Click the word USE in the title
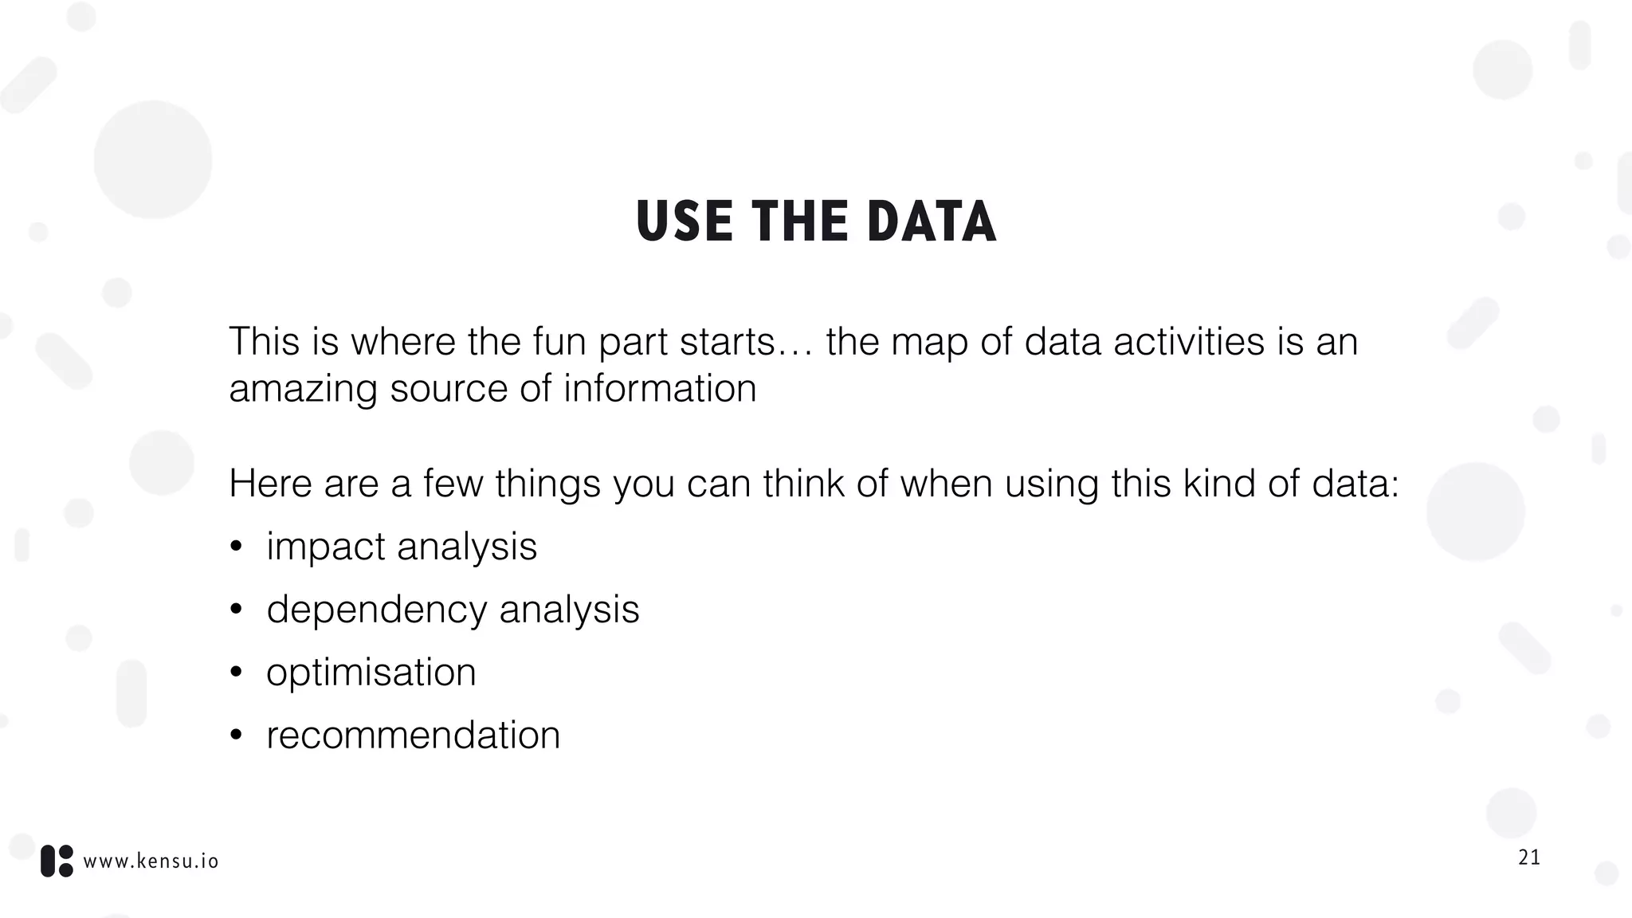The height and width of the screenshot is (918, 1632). tap(684, 222)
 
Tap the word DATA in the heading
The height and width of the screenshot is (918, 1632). tap(932, 222)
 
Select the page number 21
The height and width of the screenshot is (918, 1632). tap(1529, 857)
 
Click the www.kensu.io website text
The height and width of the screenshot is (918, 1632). tap(151, 861)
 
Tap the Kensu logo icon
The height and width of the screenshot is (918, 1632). tap(57, 861)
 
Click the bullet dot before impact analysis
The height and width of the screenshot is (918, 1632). tap(236, 547)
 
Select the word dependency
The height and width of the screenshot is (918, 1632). tap(376, 610)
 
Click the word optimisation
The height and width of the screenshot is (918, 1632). tap(371, 673)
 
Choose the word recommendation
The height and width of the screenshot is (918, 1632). tap(413, 736)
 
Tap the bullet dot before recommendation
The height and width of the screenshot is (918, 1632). tap(236, 736)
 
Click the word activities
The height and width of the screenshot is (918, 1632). tap(1188, 342)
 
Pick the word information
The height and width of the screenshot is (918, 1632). tap(660, 389)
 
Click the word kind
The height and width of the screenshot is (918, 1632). tap(1218, 484)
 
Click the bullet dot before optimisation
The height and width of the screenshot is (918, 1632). tap(236, 673)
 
